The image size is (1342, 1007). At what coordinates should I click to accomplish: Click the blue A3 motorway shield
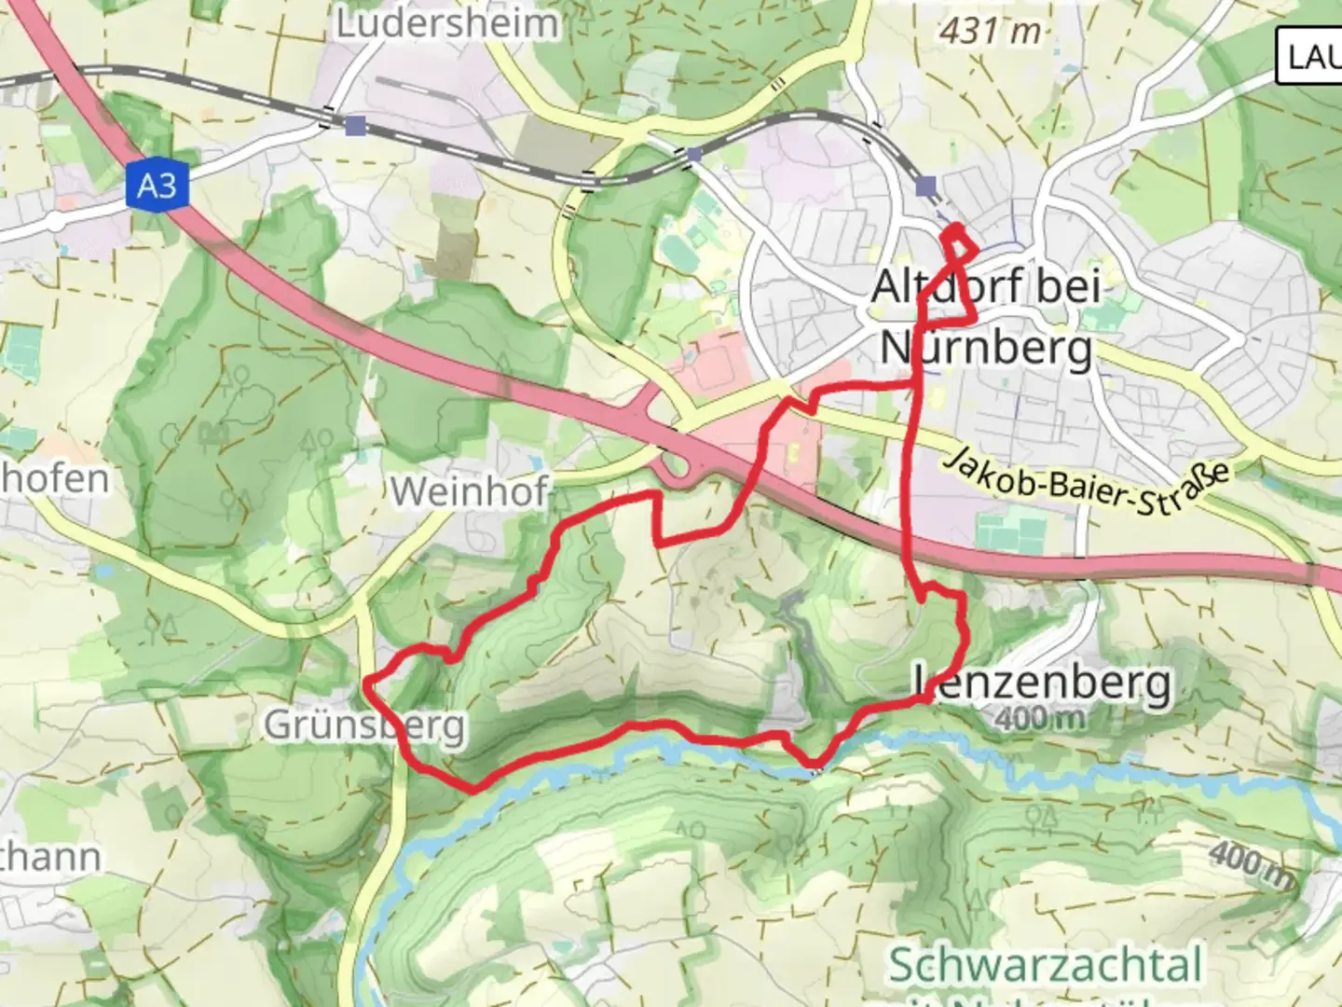[157, 186]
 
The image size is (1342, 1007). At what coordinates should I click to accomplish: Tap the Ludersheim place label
[446, 24]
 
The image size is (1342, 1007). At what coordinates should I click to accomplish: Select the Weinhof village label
[469, 491]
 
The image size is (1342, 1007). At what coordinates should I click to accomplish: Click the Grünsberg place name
[363, 724]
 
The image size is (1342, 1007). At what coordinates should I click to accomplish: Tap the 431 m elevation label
[990, 31]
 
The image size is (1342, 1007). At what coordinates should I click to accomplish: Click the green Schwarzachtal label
[1045, 964]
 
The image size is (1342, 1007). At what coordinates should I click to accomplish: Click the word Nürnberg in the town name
[987, 348]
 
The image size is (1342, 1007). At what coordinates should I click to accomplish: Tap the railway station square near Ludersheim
[355, 125]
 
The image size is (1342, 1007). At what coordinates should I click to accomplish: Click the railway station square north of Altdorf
[925, 186]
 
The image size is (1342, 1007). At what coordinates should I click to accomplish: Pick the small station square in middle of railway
[693, 155]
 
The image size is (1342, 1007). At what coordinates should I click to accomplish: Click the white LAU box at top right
[1309, 57]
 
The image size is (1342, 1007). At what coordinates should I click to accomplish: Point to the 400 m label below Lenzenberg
[1040, 718]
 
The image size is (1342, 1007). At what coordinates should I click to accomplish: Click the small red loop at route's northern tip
[959, 241]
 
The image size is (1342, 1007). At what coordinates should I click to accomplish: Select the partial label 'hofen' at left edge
[54, 479]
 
